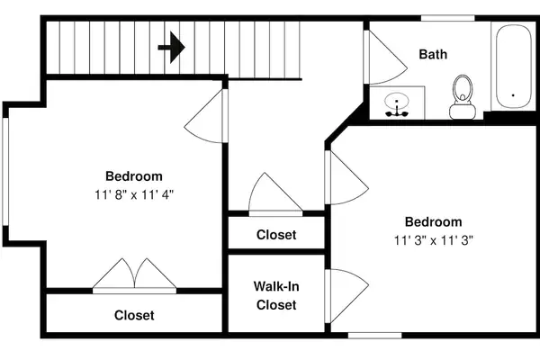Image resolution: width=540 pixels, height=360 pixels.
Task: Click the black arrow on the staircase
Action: point(172,48)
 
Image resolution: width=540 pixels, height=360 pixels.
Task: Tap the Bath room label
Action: point(433,54)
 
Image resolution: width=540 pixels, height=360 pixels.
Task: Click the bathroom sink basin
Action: point(397,101)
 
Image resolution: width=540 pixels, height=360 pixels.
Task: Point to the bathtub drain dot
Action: point(513,95)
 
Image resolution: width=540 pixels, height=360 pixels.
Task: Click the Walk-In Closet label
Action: point(276,295)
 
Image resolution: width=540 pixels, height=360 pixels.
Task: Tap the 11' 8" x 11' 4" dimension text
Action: point(134,195)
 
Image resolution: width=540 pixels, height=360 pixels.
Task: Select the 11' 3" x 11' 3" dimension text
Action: point(433,240)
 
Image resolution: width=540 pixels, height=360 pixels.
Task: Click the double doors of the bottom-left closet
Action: point(135,275)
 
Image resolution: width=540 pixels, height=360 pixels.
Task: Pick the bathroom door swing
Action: point(386,58)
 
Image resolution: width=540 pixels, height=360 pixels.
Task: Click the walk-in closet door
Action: point(346,295)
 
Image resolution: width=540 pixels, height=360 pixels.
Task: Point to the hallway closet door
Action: point(275,194)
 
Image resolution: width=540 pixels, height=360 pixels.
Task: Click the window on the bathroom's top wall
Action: point(447,18)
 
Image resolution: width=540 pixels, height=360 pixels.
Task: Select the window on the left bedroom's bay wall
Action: point(5,172)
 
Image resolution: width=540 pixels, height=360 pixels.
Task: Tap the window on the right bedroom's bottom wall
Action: point(374,335)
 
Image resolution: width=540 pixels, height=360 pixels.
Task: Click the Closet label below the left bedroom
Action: point(134,315)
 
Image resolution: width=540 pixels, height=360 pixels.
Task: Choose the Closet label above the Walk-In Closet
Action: point(276,235)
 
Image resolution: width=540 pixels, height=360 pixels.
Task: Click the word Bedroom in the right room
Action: point(433,221)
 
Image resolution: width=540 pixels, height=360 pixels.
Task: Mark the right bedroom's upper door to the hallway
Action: point(346,177)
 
